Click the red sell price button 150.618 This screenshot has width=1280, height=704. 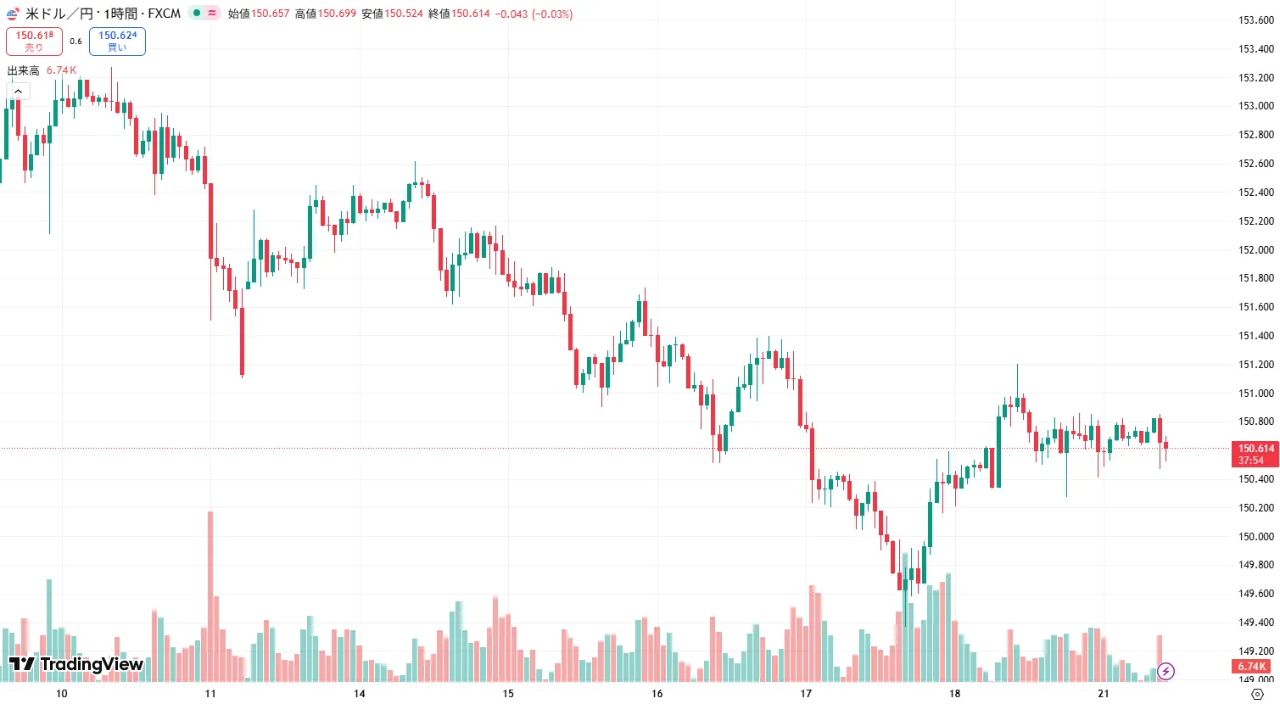click(x=34, y=41)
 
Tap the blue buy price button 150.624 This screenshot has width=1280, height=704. click(x=117, y=41)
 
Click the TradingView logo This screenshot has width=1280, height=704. click(x=76, y=663)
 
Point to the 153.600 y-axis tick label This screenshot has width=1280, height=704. click(x=1255, y=20)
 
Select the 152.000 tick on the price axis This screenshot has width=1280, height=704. click(x=1255, y=249)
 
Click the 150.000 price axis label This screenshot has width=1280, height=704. click(x=1255, y=536)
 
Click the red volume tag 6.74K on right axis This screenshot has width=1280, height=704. click(x=1252, y=667)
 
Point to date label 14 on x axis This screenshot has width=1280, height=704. click(x=360, y=693)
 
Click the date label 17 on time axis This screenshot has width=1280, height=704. click(x=806, y=693)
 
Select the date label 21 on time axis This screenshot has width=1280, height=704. click(x=1103, y=693)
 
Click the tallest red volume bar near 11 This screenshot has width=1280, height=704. click(x=210, y=594)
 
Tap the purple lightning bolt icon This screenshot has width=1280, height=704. click(x=1166, y=672)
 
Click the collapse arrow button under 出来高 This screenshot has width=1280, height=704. click(x=18, y=91)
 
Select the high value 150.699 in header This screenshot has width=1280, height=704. click(x=337, y=14)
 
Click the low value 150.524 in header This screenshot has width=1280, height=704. click(x=404, y=14)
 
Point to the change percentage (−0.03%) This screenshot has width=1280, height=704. click(x=551, y=14)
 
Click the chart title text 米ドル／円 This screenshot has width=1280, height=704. click(x=58, y=14)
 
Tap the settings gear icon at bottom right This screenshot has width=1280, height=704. click(x=1257, y=694)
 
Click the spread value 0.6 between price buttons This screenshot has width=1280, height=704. click(x=75, y=41)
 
